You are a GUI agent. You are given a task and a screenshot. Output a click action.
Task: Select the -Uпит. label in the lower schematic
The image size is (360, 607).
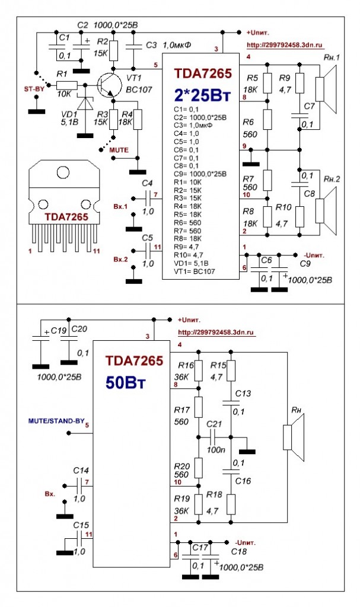246,542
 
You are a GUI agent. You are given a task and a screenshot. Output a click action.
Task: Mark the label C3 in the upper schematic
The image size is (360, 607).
151,44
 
